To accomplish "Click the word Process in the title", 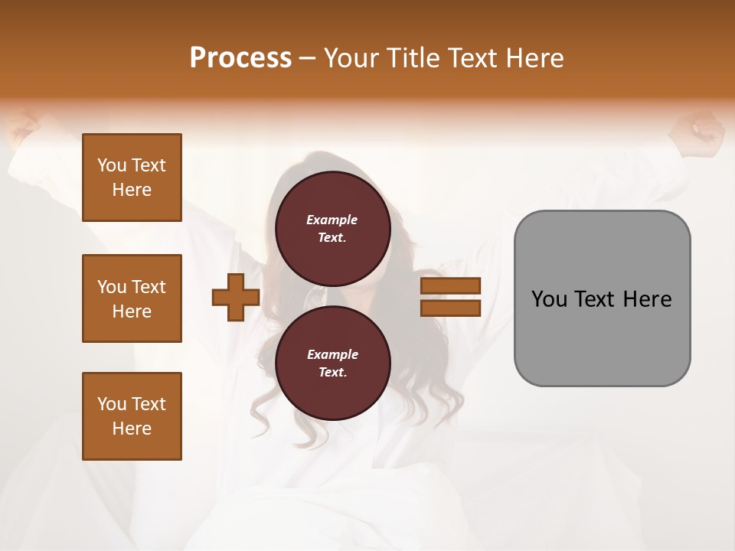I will pos(240,57).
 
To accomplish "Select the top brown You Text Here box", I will pos(132,178).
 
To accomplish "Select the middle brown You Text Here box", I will pos(132,298).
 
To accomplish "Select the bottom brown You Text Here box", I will pos(132,416).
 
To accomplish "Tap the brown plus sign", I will pos(236,297).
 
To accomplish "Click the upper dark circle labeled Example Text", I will pos(332,228).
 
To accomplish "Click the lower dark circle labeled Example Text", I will pos(332,363).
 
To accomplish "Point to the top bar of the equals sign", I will pos(450,286).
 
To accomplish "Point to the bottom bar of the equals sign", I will pos(450,308).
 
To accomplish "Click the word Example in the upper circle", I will pos(332,220).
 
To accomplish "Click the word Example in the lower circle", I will pos(332,354).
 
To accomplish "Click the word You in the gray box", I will pos(548,298).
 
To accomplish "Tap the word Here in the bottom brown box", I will pos(132,429).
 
